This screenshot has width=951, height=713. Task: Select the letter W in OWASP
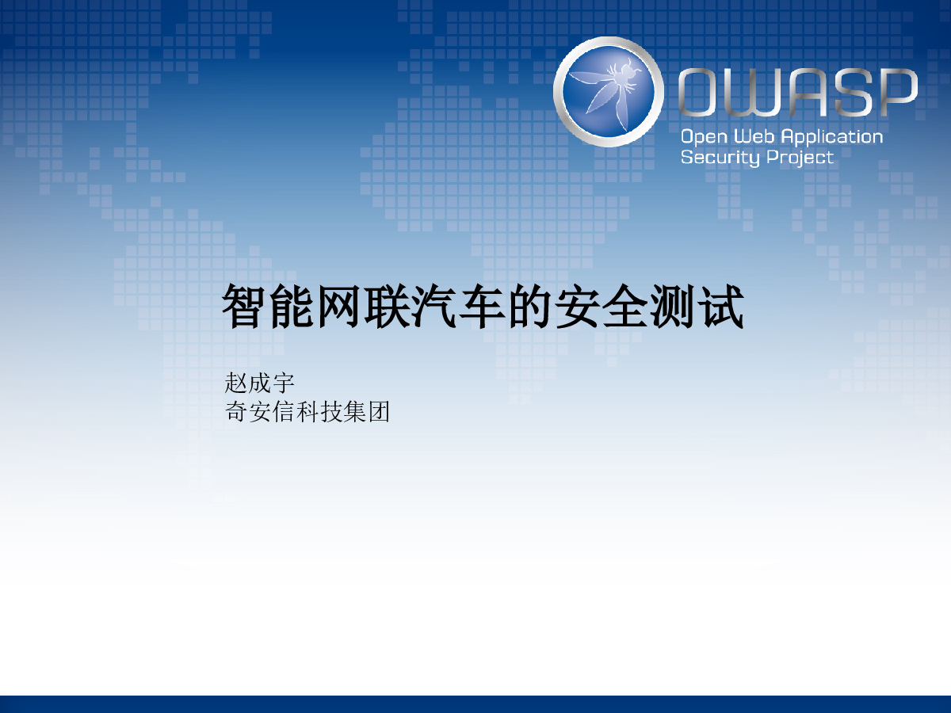(x=752, y=92)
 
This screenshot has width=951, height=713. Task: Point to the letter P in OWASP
(x=898, y=92)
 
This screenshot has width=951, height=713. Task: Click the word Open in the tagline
(x=704, y=137)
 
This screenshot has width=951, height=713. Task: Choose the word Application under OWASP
(x=832, y=137)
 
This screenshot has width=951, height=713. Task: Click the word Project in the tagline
(x=800, y=158)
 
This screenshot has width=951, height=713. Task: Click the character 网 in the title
(x=339, y=307)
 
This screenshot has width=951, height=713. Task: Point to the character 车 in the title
(x=482, y=307)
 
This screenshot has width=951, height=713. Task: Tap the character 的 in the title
(x=530, y=307)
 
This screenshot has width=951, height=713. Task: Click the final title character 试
(x=721, y=307)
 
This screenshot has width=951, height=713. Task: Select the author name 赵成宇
(x=259, y=383)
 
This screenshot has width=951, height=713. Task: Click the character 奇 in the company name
(x=236, y=411)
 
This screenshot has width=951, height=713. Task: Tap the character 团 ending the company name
(x=379, y=411)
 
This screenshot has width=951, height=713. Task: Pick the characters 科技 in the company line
(x=307, y=411)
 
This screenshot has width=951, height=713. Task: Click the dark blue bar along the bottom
(x=475, y=704)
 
